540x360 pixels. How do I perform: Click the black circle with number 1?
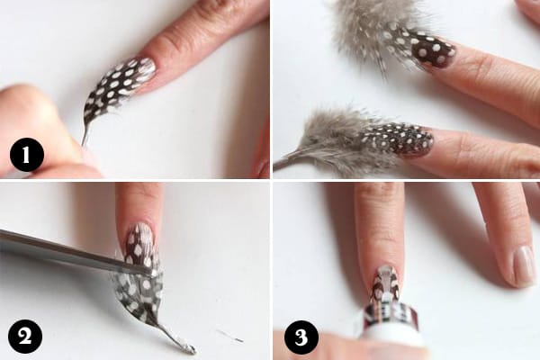tap(26, 156)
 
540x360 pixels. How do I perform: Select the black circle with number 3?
tap(301, 337)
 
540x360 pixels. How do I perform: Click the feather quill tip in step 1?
tap(83, 142)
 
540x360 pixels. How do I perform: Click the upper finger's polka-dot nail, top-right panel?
tap(433, 53)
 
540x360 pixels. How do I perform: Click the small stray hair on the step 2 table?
tap(230, 336)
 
